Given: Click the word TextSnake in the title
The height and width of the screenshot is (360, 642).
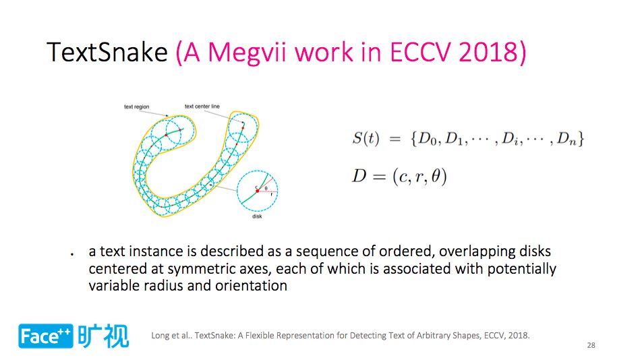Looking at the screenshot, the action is pos(107,53).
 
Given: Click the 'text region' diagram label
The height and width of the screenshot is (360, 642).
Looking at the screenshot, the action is pos(136,107).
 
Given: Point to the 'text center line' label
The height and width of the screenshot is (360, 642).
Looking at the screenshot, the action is pos(202,107).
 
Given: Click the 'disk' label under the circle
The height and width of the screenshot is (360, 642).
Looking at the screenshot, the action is pos(257,216).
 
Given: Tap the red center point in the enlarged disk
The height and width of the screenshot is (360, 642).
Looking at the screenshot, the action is pos(257,191).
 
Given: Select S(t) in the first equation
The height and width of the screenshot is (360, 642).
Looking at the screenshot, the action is pos(366,138).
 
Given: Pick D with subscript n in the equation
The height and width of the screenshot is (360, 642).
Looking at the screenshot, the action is pos(566,139).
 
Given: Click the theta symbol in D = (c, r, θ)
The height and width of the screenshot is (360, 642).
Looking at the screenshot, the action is pos(436,177).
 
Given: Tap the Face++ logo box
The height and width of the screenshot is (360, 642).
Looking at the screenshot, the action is pos(45,336).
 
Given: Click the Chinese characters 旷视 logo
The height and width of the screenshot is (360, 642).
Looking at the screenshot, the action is pos(103,336).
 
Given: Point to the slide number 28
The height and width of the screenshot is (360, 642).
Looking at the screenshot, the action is pos(591,345).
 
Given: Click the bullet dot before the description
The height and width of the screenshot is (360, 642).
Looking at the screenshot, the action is pos(72,254).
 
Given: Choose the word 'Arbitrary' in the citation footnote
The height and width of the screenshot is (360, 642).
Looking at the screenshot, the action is pos(433,336).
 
